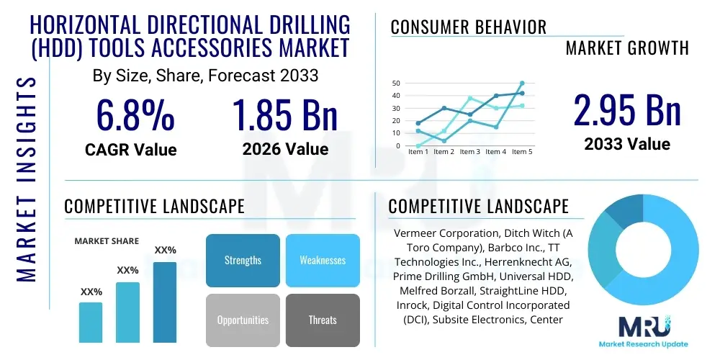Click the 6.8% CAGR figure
(135, 114)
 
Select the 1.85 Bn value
(285, 114)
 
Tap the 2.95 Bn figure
(627, 110)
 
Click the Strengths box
(243, 260)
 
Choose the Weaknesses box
(323, 260)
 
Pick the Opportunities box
(243, 320)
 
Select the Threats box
(323, 320)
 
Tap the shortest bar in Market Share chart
(91, 322)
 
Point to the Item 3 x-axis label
(470, 152)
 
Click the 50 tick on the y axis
(395, 84)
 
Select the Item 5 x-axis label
(521, 152)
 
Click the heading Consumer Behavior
(469, 27)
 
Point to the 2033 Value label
(627, 143)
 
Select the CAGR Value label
(130, 150)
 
